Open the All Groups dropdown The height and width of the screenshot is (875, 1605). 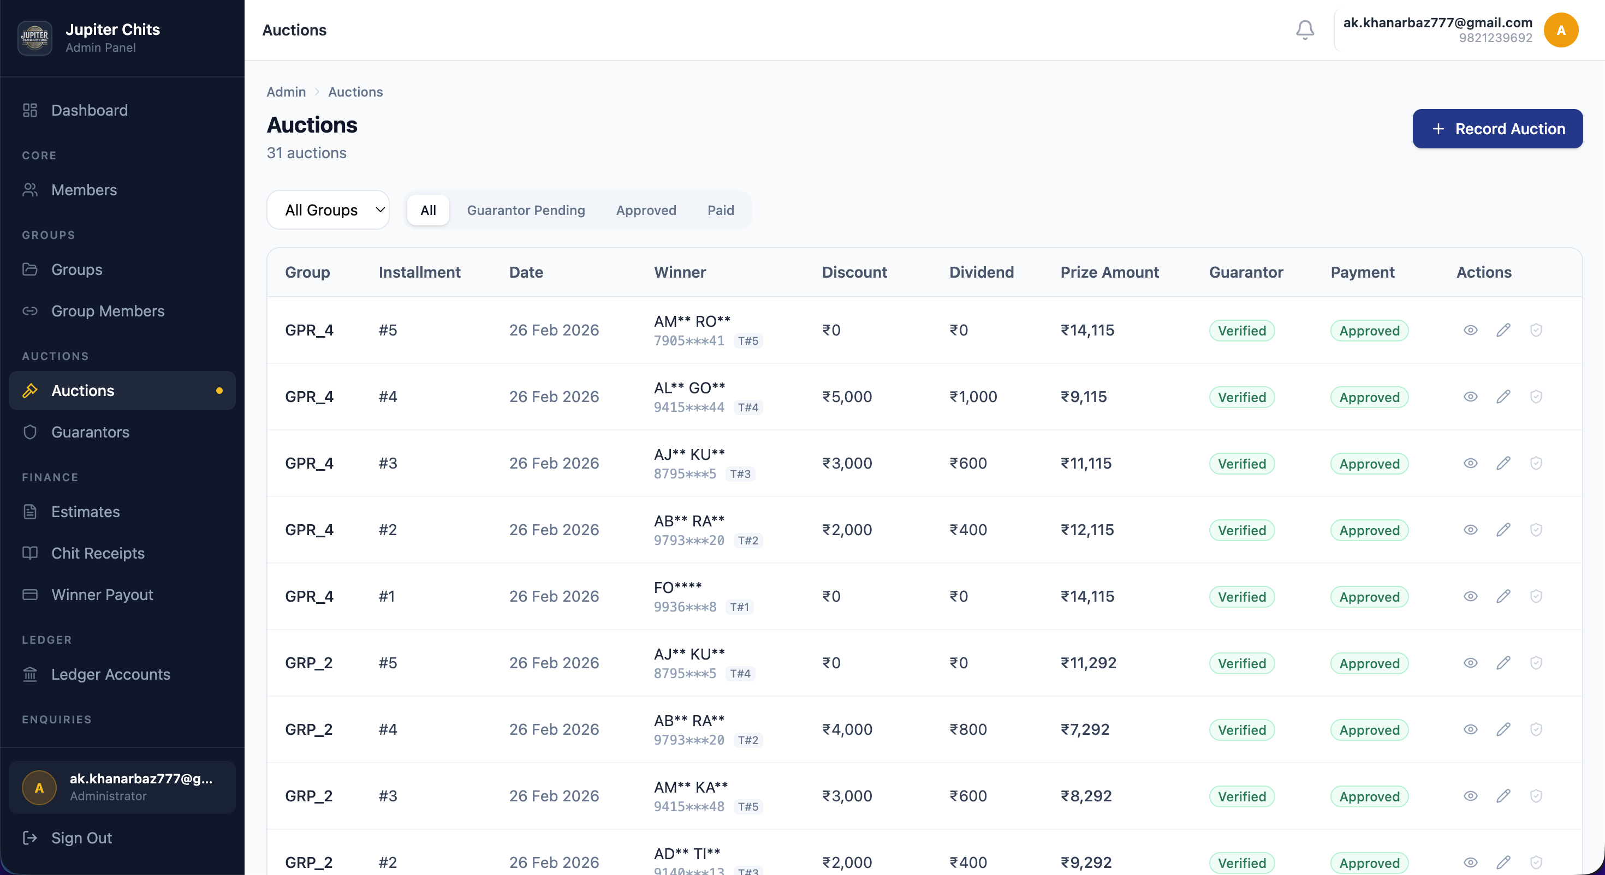(x=328, y=210)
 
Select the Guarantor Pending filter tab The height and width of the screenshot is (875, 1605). (x=525, y=210)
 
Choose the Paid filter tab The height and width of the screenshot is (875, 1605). (x=720, y=210)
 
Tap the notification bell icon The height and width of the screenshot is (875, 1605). (x=1305, y=30)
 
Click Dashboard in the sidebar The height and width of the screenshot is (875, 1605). (x=89, y=110)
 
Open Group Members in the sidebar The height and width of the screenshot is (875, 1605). (x=107, y=311)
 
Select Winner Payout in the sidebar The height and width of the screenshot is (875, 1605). (x=102, y=595)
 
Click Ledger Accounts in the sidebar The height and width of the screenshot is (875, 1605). (x=110, y=674)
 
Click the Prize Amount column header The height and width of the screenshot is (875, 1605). (x=1109, y=272)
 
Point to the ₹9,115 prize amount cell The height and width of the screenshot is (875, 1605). (x=1084, y=397)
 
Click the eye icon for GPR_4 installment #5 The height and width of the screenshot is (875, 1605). (x=1470, y=330)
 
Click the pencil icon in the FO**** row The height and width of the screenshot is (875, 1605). (x=1503, y=596)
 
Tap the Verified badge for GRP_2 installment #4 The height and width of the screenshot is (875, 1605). (x=1241, y=730)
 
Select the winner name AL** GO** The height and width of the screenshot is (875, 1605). (x=689, y=388)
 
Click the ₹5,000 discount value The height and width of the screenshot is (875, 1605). (x=847, y=397)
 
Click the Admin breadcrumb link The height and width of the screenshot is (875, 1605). (x=286, y=92)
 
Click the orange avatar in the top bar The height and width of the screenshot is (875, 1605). (x=1560, y=30)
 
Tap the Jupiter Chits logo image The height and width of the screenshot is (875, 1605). (x=35, y=37)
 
